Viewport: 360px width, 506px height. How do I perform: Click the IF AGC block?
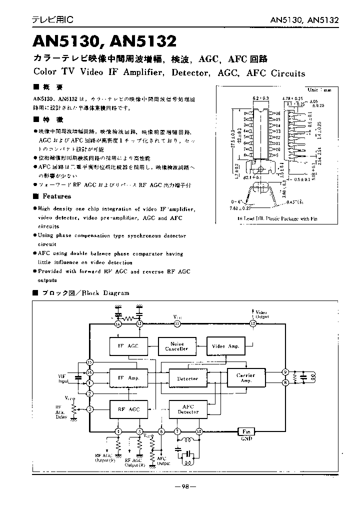click(x=127, y=346)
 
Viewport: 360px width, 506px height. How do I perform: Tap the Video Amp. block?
click(x=225, y=346)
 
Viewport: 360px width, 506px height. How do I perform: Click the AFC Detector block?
click(x=187, y=409)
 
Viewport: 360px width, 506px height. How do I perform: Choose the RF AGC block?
click(x=127, y=409)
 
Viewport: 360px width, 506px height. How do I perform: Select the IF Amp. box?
click(x=127, y=378)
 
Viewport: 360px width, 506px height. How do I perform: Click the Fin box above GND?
click(x=245, y=431)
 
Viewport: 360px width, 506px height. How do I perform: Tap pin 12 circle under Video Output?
click(x=252, y=324)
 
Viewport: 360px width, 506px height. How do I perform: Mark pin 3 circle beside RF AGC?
click(x=90, y=409)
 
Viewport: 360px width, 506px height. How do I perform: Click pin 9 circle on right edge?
click(x=284, y=371)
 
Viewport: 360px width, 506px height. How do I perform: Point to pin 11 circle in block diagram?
click(x=177, y=324)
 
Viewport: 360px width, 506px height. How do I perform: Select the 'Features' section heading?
click(x=56, y=196)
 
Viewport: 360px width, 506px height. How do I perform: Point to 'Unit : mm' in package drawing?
click(x=319, y=90)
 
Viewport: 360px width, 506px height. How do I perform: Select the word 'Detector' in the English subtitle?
click(x=192, y=73)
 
